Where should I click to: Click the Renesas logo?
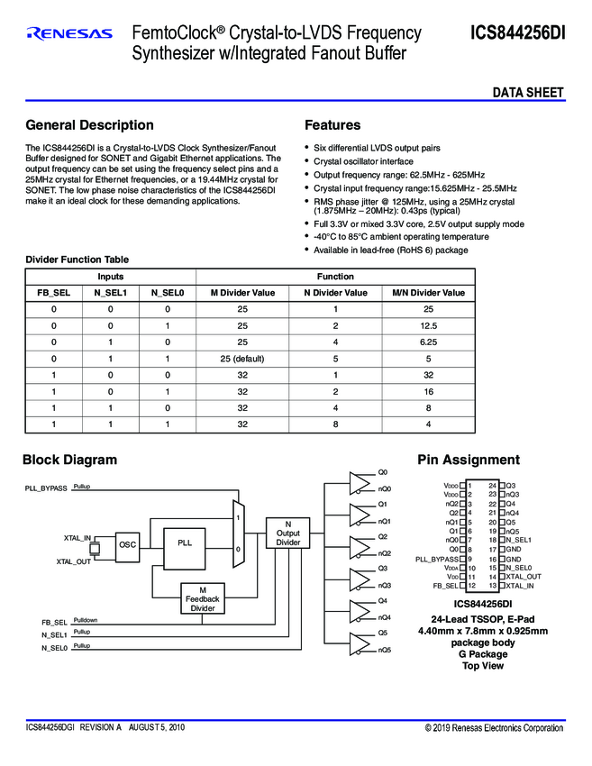point(70,34)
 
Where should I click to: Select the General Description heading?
point(89,125)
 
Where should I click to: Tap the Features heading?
point(332,125)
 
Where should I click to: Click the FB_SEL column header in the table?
point(53,293)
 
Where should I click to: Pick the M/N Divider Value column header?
point(428,293)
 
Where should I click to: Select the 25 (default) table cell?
point(242,359)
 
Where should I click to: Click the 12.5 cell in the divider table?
point(428,325)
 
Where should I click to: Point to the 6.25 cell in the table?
point(428,342)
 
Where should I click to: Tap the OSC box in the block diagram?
point(128,544)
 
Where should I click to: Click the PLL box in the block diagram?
point(185,543)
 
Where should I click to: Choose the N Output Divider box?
point(287,533)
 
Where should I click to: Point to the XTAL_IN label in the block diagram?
point(77,538)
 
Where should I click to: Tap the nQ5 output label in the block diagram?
point(384,649)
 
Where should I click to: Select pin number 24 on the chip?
point(493,485)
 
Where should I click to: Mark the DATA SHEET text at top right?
point(527,93)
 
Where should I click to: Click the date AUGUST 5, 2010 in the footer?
point(156,726)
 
